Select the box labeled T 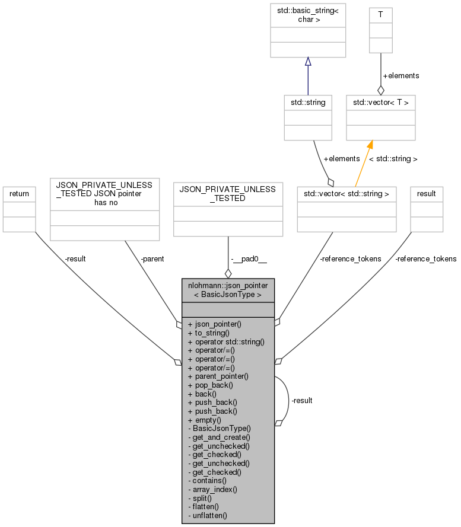pyautogui.click(x=380, y=30)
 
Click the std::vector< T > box pyautogui.click(x=380, y=117)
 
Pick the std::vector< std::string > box pyautogui.click(x=346, y=208)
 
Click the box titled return pyautogui.click(x=19, y=209)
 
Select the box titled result pyautogui.click(x=427, y=209)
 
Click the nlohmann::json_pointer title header pyautogui.click(x=228, y=289)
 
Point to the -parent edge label pyautogui.click(x=152, y=258)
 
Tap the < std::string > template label pyautogui.click(x=393, y=158)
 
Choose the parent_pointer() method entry pyautogui.click(x=218, y=376)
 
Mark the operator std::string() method pyautogui.click(x=225, y=341)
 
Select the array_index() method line pyautogui.click(x=214, y=489)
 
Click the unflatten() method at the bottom pyautogui.click(x=209, y=515)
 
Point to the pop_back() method pyautogui.click(x=210, y=385)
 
